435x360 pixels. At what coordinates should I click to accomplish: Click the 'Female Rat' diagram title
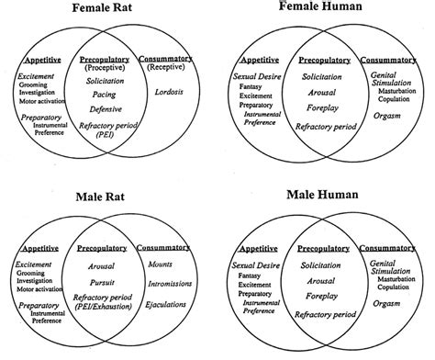(107, 10)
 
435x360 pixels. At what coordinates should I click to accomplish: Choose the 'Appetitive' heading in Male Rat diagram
(42, 246)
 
